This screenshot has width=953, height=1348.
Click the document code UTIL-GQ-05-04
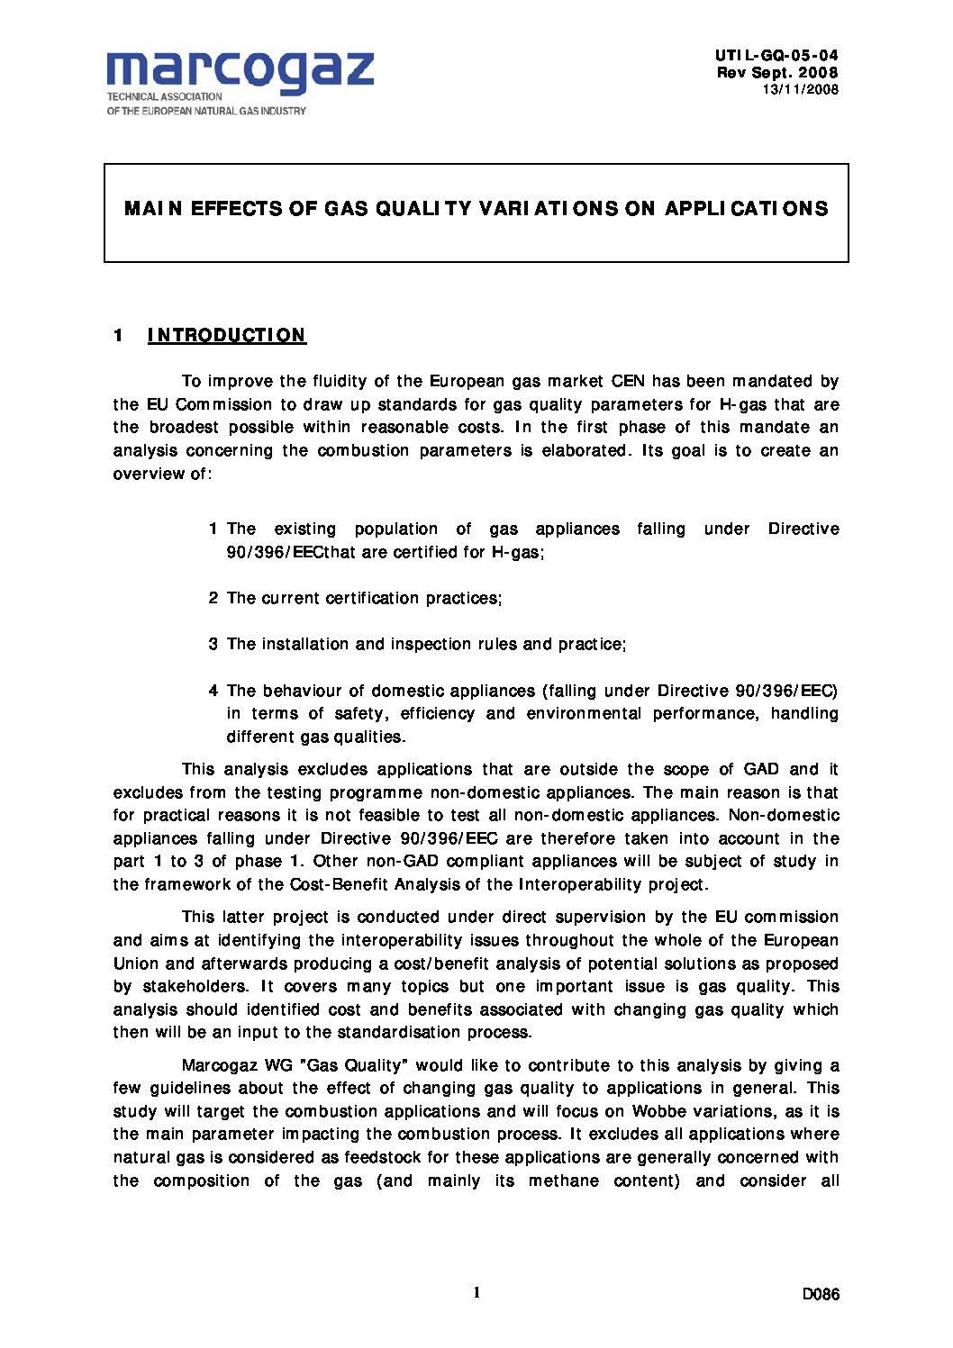[776, 56]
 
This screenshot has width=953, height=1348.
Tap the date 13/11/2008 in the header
[800, 89]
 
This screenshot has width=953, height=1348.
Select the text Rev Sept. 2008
[776, 73]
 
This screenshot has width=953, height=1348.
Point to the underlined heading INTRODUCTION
[227, 336]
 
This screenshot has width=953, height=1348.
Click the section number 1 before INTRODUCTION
[118, 336]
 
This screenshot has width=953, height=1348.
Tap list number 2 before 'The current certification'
[213, 598]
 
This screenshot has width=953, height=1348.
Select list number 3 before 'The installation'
[213, 644]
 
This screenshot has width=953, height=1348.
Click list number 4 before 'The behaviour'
[213, 691]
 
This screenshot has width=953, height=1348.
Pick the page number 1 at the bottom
[476, 1293]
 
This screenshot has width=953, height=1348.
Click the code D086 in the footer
[821, 1295]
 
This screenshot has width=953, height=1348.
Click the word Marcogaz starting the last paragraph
[219, 1065]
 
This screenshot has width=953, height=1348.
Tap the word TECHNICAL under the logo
[133, 96]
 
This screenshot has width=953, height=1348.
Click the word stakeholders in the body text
[195, 986]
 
